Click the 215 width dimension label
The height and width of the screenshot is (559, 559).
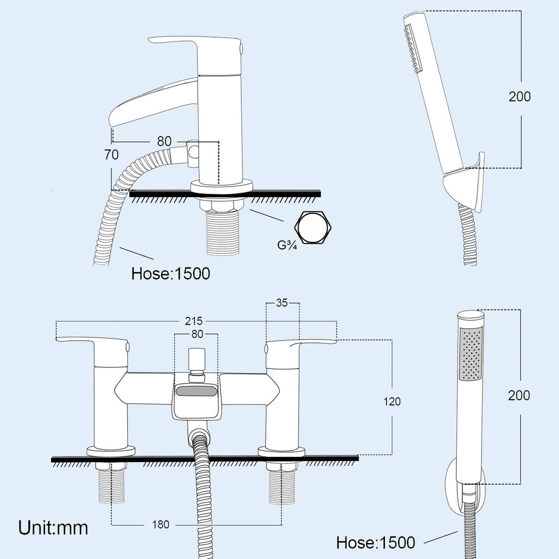coord(194,321)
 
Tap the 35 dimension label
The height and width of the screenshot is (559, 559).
coord(282,303)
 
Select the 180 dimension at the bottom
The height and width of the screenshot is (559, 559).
coord(161,525)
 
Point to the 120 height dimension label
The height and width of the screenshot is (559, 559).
coord(392,402)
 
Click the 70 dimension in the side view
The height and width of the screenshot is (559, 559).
coord(111,154)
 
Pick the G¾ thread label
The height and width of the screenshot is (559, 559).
coord(287,245)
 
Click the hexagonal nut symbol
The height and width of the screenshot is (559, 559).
coord(313,228)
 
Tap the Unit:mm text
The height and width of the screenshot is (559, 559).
coord(53,527)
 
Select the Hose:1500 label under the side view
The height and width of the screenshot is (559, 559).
coord(171,274)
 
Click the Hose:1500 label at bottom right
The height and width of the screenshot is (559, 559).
coord(376,543)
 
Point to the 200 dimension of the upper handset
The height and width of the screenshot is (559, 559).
coord(520,97)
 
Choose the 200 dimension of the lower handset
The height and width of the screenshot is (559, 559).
coord(519,395)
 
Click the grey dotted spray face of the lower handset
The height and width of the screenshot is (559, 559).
coord(472,354)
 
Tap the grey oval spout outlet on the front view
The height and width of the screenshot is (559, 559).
coord(196,391)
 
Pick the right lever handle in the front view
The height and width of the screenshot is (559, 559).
coord(301,346)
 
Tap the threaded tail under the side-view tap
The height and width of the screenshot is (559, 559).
coord(222,233)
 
